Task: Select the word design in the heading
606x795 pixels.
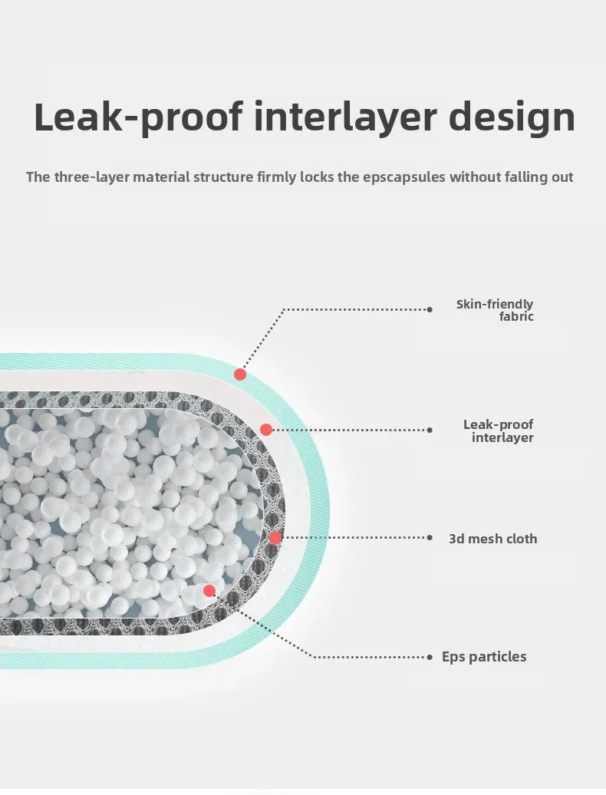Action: coord(512,117)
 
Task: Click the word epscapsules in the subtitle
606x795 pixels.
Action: coord(403,177)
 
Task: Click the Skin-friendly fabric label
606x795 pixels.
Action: coord(495,310)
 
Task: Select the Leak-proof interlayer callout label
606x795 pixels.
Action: coord(498,431)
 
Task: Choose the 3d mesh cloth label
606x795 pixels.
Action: coord(493,539)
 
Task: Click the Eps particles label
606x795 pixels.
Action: coord(484,657)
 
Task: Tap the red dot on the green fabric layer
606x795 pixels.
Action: coord(240,374)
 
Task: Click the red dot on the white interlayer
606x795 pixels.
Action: coord(266,430)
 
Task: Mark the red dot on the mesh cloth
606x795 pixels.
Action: coord(275,538)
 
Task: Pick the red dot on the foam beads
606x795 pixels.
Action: coord(209,590)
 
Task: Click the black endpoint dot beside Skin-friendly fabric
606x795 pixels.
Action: coord(430,309)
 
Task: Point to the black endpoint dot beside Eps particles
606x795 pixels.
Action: coord(430,657)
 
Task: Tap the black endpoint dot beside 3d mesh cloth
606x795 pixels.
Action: coord(430,537)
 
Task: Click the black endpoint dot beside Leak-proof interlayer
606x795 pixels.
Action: coord(430,430)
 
